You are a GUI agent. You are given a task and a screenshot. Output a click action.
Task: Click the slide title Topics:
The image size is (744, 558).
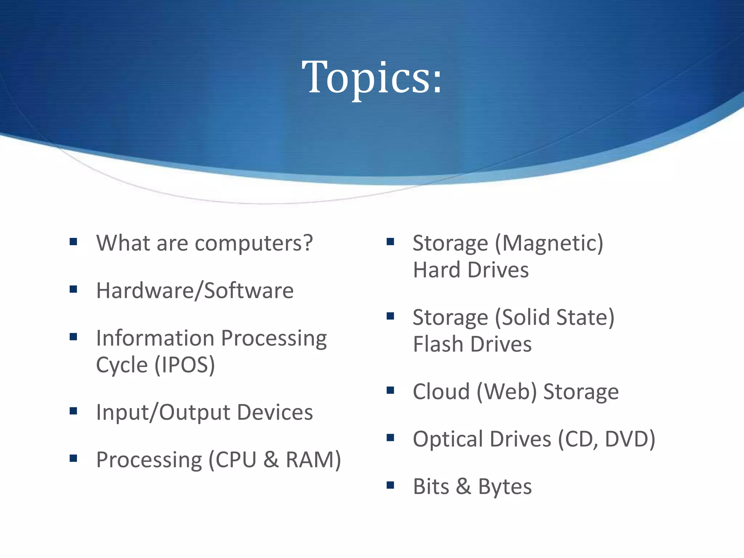click(x=372, y=77)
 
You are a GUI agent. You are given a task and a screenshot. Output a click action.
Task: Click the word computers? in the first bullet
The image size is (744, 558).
click(x=254, y=243)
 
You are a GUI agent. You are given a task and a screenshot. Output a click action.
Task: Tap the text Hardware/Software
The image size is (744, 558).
click(x=195, y=291)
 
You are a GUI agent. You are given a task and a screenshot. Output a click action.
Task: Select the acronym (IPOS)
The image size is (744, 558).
click(x=185, y=365)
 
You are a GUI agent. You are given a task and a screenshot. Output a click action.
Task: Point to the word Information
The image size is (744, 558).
click(x=155, y=338)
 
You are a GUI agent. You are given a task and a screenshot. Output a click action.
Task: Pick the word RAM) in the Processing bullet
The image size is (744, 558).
click(x=313, y=460)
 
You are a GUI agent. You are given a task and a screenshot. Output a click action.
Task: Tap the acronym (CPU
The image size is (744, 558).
click(x=232, y=460)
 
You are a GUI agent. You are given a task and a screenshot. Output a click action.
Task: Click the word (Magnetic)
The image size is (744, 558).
click(x=549, y=243)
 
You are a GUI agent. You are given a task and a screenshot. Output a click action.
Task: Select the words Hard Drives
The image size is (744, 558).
click(x=471, y=270)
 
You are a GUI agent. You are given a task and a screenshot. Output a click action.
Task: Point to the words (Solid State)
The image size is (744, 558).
click(x=554, y=318)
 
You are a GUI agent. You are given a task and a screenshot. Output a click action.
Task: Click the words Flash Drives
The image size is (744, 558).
click(x=472, y=344)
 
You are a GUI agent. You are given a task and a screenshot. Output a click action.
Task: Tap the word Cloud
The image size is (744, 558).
click(x=441, y=392)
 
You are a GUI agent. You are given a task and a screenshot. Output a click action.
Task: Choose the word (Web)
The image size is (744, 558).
click(x=506, y=392)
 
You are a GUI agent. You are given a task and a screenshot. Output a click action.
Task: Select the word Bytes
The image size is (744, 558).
click(x=505, y=487)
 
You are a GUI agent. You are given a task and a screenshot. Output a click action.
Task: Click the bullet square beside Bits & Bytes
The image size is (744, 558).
click(x=391, y=485)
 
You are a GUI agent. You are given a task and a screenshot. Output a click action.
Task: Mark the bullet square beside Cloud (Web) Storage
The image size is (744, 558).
click(x=391, y=391)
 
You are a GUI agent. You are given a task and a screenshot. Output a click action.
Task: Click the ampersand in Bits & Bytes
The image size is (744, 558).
click(x=464, y=487)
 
